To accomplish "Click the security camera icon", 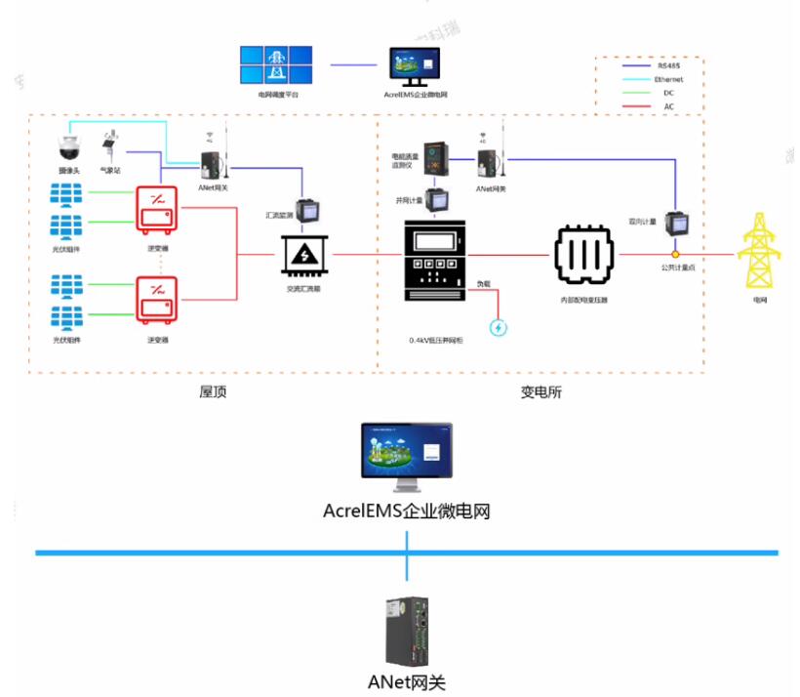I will click(67, 148).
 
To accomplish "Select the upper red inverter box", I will click(157, 209).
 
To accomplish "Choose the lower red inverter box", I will click(157, 302).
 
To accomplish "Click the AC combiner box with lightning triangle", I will click(306, 255).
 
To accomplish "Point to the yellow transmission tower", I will click(758, 251).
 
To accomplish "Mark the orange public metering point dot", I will click(674, 255).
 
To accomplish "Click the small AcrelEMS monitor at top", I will click(415, 66).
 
